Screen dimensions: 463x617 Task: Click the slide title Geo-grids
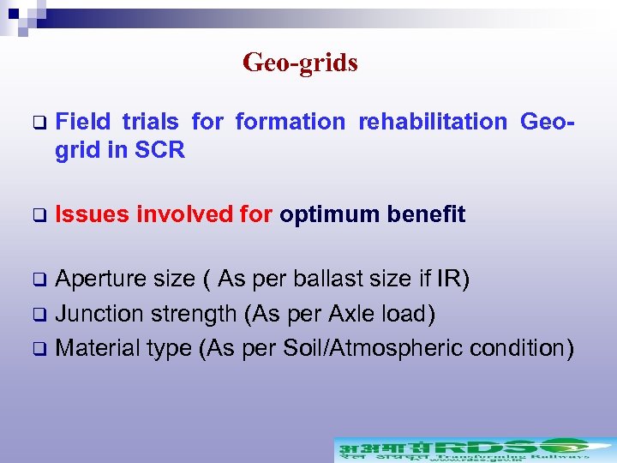pyautogui.click(x=300, y=63)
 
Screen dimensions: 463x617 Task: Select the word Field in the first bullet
pyautogui.click(x=82, y=122)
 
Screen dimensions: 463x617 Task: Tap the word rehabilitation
pyautogui.click(x=433, y=122)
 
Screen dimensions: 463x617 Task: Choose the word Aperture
pyautogui.click(x=102, y=280)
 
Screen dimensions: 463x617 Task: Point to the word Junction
pyautogui.click(x=100, y=314)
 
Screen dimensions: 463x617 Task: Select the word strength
pyautogui.click(x=195, y=315)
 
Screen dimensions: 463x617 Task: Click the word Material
pyautogui.click(x=97, y=348)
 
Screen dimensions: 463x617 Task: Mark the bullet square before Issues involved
pyautogui.click(x=38, y=215)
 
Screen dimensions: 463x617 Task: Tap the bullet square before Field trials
pyautogui.click(x=38, y=123)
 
